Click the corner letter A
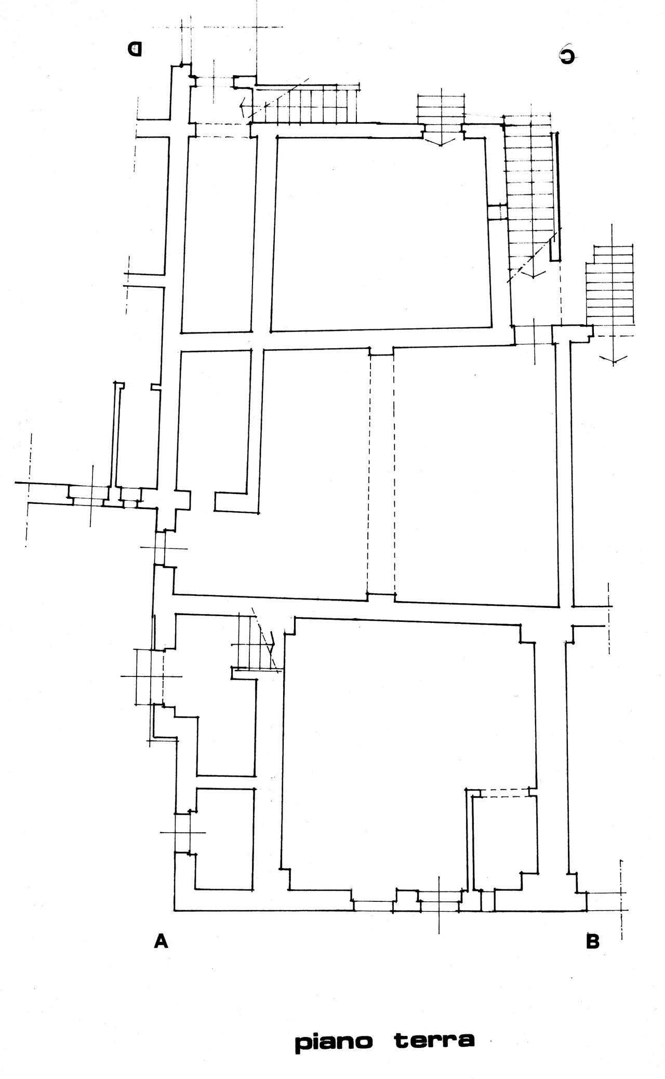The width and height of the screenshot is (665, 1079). pos(162,941)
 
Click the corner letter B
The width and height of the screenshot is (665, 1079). pos(592,941)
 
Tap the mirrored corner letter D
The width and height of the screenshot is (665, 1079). pos(135,49)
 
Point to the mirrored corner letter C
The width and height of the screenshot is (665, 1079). pos(567,56)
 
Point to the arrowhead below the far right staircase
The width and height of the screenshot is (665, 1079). pos(614,358)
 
